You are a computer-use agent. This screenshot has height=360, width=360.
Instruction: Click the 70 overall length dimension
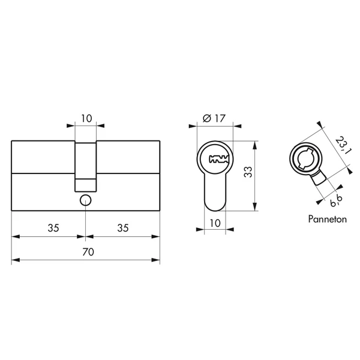(87, 253)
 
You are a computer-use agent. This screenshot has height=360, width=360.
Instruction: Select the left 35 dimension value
(53, 228)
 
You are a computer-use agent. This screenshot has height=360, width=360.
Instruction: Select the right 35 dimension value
(123, 228)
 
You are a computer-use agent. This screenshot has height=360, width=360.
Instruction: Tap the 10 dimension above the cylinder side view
(86, 118)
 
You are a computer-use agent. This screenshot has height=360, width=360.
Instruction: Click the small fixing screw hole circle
(85, 200)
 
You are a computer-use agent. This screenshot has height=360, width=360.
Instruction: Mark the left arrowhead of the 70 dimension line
(15, 260)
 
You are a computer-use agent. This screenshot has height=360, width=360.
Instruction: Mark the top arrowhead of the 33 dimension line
(256, 145)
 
